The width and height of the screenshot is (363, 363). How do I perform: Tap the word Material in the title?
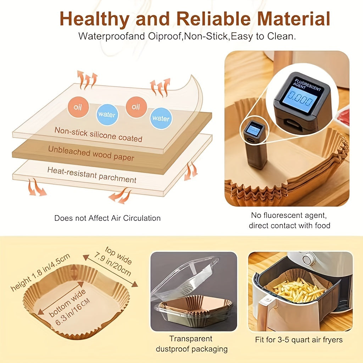point(294,18)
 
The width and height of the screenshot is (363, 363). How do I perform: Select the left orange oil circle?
point(78,107)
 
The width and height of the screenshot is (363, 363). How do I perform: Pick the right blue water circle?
point(161,118)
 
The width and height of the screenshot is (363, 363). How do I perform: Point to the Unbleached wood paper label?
point(91,153)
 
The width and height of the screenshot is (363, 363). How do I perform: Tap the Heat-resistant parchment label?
point(92,175)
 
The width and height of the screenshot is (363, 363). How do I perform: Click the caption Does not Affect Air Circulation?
point(107,218)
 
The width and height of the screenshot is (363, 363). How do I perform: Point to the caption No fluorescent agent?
point(289,215)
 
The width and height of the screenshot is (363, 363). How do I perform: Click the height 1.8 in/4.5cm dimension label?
point(40,272)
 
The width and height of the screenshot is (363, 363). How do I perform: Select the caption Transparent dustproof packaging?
point(191,344)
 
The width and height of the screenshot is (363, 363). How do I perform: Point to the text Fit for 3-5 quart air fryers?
point(298,340)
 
